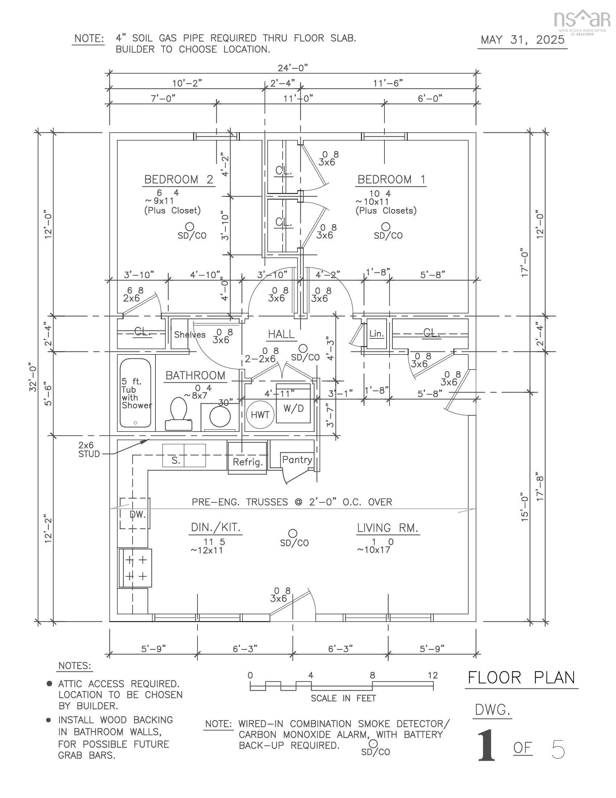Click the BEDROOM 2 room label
178,180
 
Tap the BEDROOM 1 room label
391,180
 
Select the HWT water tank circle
260,414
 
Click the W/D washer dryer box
294,408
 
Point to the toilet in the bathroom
178,413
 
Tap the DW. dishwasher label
138,515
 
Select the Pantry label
297,460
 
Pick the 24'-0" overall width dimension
293,68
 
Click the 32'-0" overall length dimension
33,377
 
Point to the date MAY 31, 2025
522,40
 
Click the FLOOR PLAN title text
521,678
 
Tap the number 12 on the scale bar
432,676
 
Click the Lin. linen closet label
376,334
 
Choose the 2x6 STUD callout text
89,450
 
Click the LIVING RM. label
387,528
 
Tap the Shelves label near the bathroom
190,335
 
